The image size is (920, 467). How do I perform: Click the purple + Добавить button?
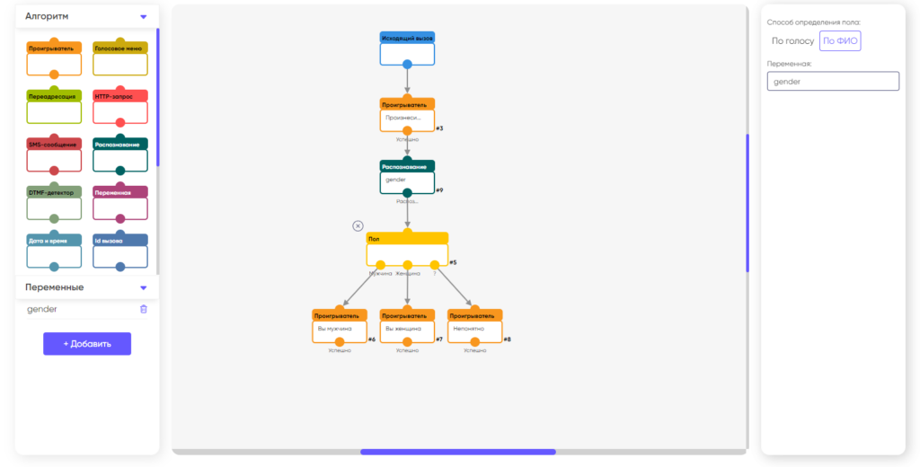87,344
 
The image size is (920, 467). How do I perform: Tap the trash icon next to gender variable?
144,309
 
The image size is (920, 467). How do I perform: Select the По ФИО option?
840,40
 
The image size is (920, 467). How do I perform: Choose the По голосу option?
792,40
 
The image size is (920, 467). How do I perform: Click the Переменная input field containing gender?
833,81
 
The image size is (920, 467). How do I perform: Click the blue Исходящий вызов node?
407,48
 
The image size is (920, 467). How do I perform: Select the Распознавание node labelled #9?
407,177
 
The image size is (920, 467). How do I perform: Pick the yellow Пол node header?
407,238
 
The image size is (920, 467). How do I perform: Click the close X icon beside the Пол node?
358,226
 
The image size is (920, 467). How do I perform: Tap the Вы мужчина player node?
340,327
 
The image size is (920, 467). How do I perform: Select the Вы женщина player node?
407,327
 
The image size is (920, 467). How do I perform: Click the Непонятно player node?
475,327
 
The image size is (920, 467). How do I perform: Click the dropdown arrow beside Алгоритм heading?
143,16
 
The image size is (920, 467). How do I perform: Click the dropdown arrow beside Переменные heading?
143,287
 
